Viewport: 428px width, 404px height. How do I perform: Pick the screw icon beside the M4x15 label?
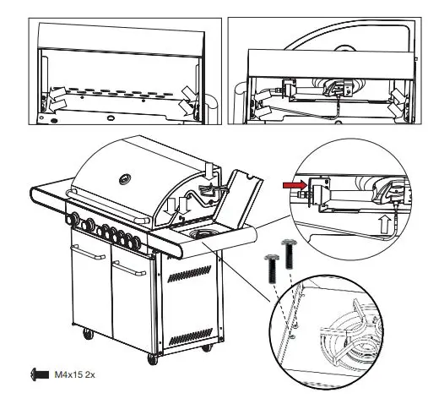38,373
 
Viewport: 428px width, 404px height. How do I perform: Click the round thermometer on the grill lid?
127,178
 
